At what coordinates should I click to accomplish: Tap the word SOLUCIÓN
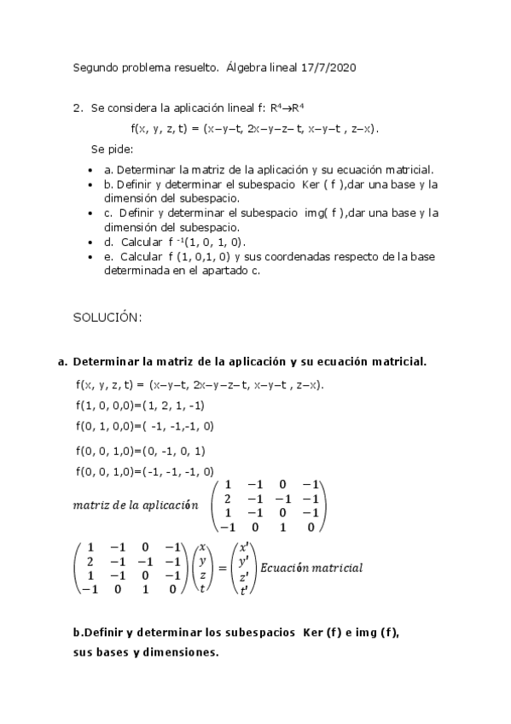[107, 317]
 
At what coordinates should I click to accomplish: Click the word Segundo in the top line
[97, 67]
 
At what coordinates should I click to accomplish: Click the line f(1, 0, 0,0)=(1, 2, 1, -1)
[140, 405]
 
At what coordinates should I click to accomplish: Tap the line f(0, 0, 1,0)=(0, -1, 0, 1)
[140, 450]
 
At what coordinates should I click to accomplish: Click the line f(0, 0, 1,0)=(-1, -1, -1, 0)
[144, 471]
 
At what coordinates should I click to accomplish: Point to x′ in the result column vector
[245, 547]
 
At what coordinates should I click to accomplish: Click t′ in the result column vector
[244, 589]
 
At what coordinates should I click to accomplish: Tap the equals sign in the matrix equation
[224, 569]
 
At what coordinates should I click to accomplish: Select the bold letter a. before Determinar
[62, 362]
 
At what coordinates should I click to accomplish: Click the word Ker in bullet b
[311, 184]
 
